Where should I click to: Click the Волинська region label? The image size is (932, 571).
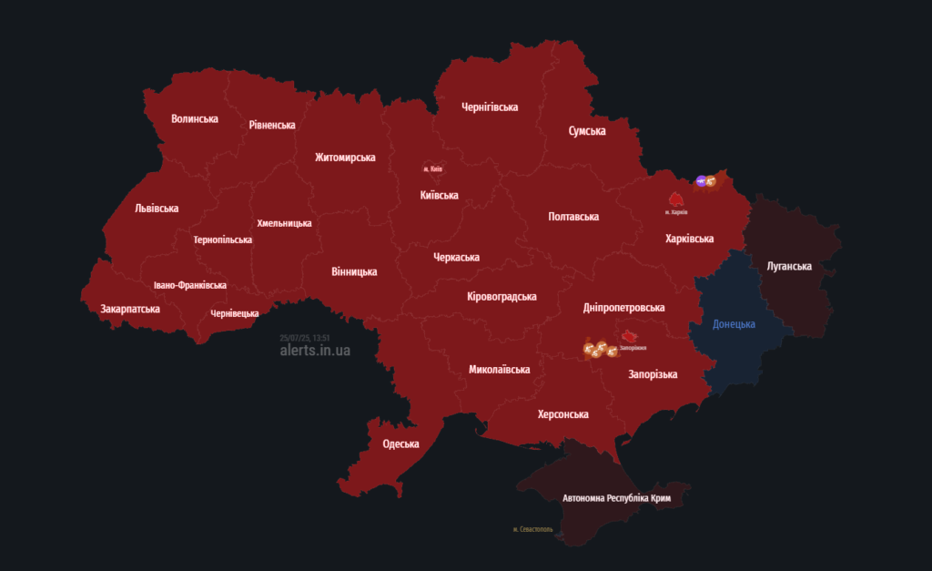tap(195, 118)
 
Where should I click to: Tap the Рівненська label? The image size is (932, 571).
tap(272, 125)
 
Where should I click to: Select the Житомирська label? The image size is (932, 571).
tap(345, 158)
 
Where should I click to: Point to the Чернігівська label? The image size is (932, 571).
tap(490, 107)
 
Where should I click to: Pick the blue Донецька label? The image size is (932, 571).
tap(734, 324)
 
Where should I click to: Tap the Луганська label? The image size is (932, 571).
tap(788, 266)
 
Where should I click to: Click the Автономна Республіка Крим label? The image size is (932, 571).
tap(622, 499)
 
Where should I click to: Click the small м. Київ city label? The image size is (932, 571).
tap(432, 169)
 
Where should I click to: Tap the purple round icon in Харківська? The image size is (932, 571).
tap(701, 181)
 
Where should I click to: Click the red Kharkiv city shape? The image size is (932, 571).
tap(676, 199)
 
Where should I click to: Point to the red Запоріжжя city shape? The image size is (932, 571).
tap(629, 337)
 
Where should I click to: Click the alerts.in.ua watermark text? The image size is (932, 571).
tap(315, 351)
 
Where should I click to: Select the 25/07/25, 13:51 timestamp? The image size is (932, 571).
tap(305, 338)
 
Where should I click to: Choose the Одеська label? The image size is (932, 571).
tap(400, 444)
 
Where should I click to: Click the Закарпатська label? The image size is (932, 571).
tap(130, 309)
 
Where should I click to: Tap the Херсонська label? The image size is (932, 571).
tap(562, 414)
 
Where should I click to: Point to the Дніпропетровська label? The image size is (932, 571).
tap(623, 309)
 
